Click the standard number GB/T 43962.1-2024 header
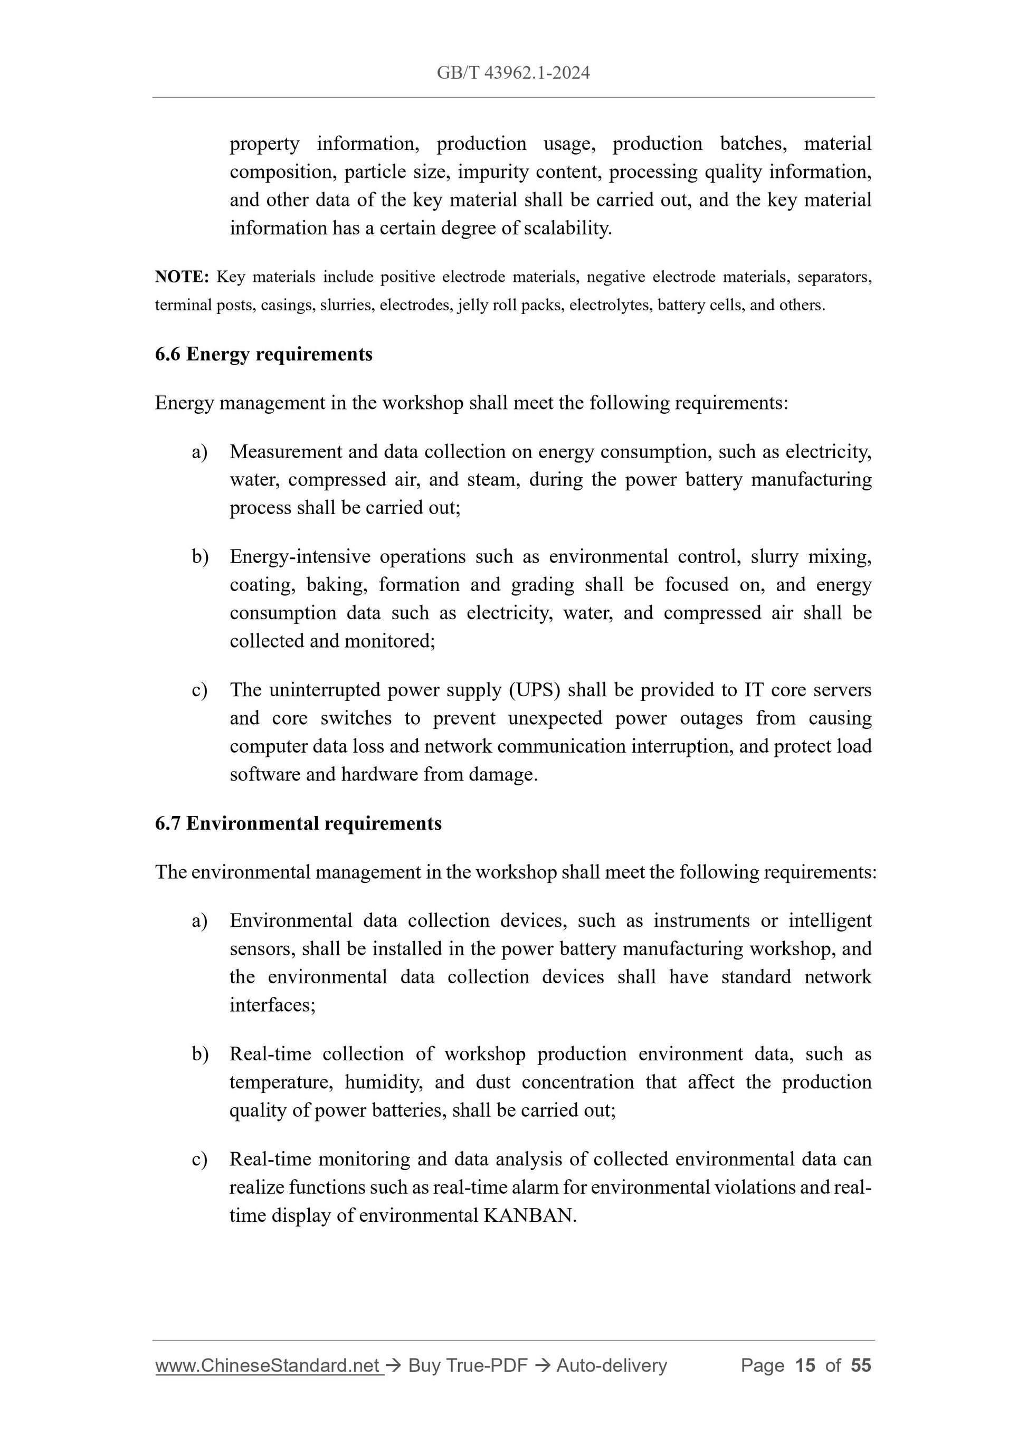point(513,73)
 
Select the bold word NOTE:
point(182,277)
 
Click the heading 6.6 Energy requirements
point(263,354)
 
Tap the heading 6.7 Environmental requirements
point(298,823)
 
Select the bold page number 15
point(805,1366)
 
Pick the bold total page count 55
point(861,1366)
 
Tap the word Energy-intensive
point(299,556)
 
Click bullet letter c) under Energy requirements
point(200,690)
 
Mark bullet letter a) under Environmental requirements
point(200,921)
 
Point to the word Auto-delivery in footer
point(611,1366)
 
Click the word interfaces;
point(272,1005)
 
